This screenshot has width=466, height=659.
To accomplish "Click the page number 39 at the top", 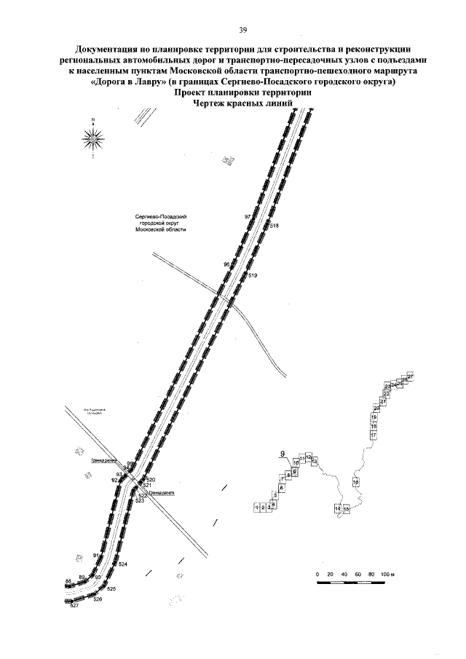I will click(243, 30).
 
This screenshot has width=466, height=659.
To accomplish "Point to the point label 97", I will click(248, 218).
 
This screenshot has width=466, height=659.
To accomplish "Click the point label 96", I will click(226, 264).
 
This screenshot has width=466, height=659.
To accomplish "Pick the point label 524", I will click(123, 565).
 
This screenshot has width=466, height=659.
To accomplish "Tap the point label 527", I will click(74, 606).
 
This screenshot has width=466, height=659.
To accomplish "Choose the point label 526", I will click(98, 599).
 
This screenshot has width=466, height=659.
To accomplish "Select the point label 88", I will click(68, 580).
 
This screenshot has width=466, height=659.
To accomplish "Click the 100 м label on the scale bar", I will click(387, 575).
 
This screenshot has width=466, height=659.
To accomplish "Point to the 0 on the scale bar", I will click(318, 575).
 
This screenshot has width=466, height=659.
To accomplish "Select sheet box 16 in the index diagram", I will click(356, 483).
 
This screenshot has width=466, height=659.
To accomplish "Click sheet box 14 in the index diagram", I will click(338, 508).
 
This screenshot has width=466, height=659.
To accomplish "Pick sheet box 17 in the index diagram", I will click(373, 435).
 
